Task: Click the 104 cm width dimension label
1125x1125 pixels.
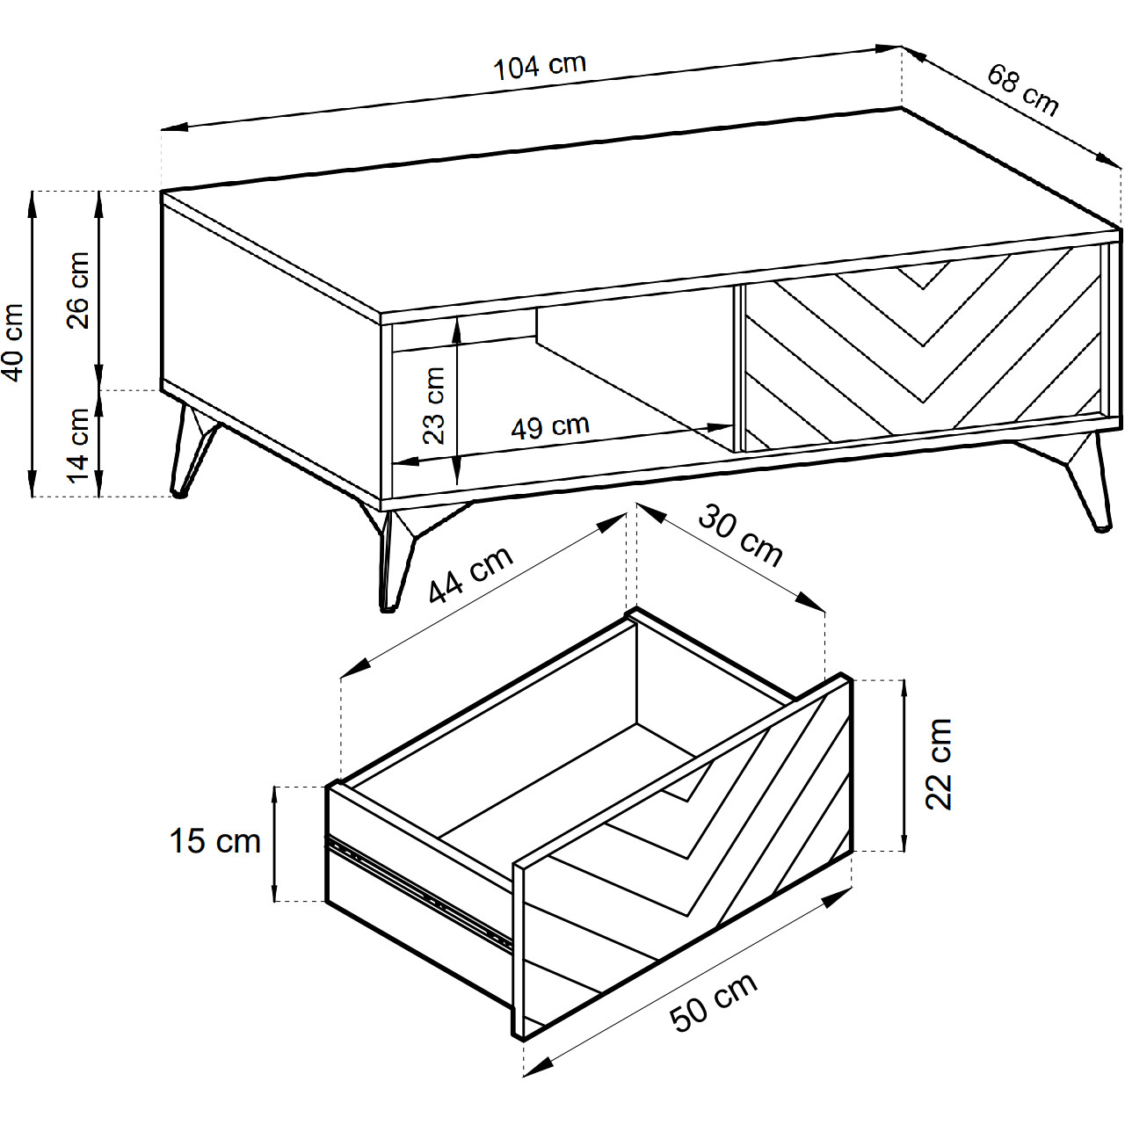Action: pyautogui.click(x=540, y=67)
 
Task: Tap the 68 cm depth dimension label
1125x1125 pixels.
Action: pyautogui.click(x=1022, y=91)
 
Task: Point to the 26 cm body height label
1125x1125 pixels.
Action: pyautogui.click(x=79, y=290)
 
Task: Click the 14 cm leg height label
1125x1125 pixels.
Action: pyautogui.click(x=79, y=446)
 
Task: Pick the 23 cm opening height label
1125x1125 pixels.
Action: pyautogui.click(x=434, y=406)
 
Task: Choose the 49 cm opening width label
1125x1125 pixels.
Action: pyautogui.click(x=550, y=427)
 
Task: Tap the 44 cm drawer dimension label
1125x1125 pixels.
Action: pyautogui.click(x=470, y=574)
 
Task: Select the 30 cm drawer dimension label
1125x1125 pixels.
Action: pyautogui.click(x=740, y=536)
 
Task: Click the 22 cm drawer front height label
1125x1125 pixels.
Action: pyautogui.click(x=939, y=764)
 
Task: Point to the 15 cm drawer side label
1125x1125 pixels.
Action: pyautogui.click(x=214, y=841)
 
